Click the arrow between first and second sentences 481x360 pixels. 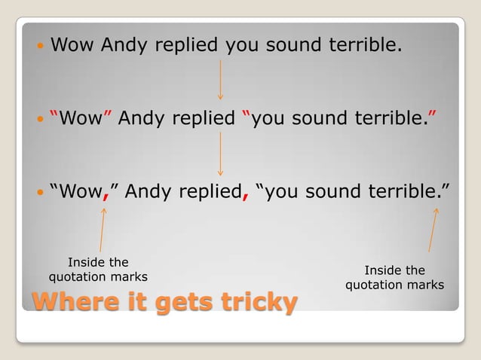coord(220,80)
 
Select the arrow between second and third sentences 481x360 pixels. coord(220,153)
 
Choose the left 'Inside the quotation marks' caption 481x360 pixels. coord(98,270)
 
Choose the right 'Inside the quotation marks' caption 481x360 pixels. coord(394,277)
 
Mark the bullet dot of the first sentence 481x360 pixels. coord(40,47)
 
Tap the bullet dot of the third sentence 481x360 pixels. coord(40,194)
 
